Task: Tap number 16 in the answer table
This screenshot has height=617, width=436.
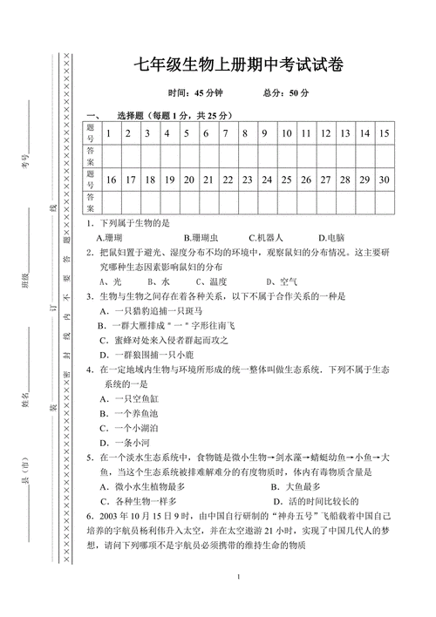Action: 110,180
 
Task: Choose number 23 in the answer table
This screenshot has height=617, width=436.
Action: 246,180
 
